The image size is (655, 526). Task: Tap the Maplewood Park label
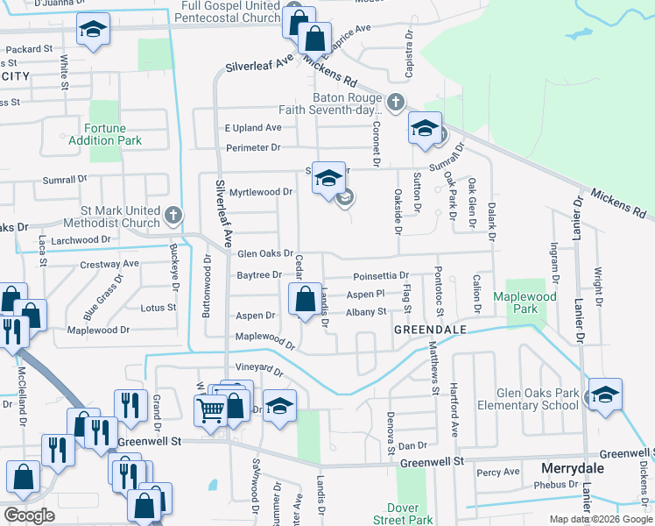coord(537,303)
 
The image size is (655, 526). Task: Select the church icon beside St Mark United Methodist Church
coord(173,214)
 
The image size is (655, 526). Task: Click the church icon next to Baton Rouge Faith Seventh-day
coord(395,102)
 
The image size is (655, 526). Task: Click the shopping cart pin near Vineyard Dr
coord(211,409)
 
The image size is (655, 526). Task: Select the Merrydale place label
coord(573,468)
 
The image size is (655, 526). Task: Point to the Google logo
coord(29,515)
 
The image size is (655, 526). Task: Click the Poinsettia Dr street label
coord(387,275)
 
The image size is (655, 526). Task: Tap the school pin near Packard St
coord(93,30)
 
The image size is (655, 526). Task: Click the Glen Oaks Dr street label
coord(264,254)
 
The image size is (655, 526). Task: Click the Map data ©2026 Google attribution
coord(601,519)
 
